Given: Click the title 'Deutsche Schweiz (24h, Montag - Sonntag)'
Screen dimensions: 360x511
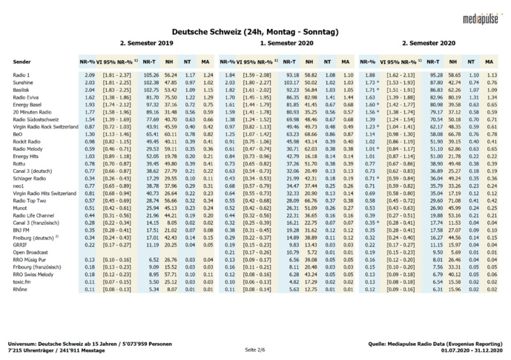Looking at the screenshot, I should tap(255, 32).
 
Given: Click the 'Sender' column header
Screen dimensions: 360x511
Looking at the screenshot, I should tap(22, 61).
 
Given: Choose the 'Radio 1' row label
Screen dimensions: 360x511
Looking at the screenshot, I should tap(22, 75).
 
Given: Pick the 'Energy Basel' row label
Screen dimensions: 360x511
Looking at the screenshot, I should tap(27, 104).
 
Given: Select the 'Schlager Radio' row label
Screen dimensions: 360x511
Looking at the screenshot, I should tap(30, 177).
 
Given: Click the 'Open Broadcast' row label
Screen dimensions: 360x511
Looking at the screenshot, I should tap(30, 251).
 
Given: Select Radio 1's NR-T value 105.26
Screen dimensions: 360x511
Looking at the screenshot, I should tap(151, 75).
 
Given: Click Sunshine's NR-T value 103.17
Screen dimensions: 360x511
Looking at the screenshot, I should tap(291, 82).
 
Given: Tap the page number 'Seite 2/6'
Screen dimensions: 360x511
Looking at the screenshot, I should tap(255, 350).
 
